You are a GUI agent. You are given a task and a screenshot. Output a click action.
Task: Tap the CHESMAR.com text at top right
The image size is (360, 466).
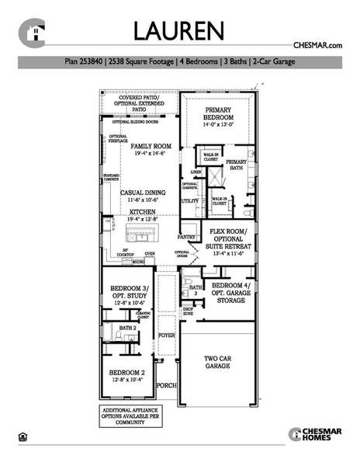(x=317, y=47)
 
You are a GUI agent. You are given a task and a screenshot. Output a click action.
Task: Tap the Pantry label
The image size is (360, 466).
(x=186, y=237)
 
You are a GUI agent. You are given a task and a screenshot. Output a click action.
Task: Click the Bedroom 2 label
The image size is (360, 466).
(x=124, y=376)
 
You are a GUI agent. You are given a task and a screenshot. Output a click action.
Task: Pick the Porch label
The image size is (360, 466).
(x=166, y=386)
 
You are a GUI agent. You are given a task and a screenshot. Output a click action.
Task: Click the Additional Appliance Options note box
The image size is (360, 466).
(x=126, y=416)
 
